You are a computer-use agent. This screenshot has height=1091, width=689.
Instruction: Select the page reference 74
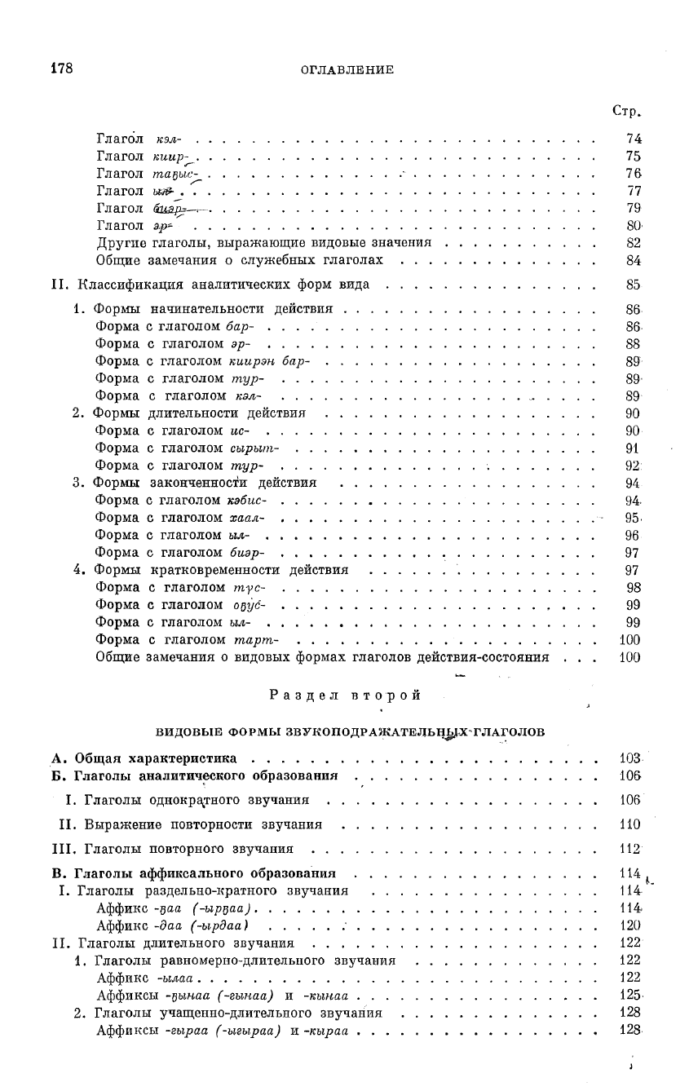tap(633, 139)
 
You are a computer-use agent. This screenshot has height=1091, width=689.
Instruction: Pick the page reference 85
tap(633, 285)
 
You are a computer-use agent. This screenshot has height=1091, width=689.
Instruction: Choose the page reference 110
tap(629, 824)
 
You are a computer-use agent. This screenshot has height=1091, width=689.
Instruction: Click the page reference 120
tap(629, 925)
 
